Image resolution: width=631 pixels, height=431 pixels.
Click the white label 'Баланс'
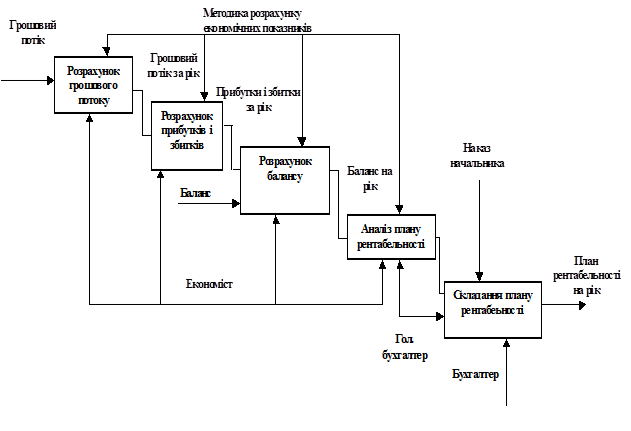point(196,192)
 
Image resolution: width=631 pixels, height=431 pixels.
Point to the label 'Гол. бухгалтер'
point(403,346)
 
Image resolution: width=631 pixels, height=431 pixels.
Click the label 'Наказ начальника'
point(477,155)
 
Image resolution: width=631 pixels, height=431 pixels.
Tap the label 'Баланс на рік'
point(370,177)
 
